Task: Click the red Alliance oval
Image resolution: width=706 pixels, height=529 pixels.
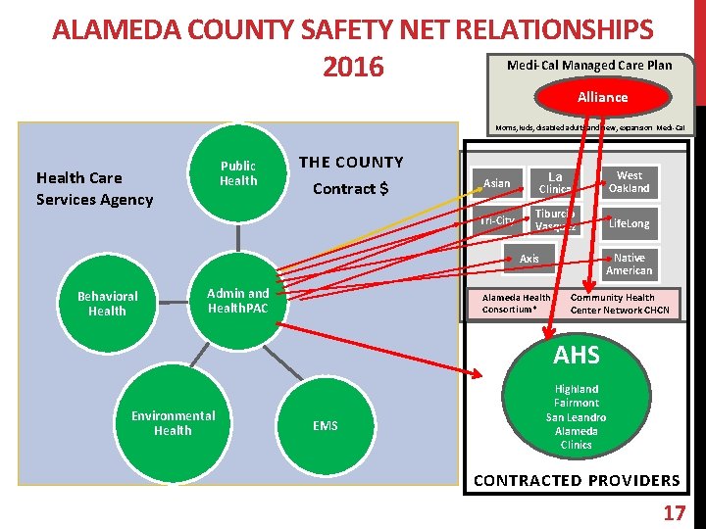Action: coord(602,97)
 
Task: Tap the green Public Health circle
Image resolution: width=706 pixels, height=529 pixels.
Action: coord(237,173)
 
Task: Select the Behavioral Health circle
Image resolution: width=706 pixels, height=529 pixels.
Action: coord(107,304)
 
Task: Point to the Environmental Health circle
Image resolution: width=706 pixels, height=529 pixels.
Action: coord(173,423)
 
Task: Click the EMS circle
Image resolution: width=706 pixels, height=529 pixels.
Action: coord(326,425)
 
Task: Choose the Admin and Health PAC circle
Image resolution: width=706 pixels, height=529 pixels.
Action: coord(238,301)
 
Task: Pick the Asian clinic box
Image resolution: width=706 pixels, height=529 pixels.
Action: coord(497,183)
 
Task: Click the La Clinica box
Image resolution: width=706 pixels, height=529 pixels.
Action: coord(555,183)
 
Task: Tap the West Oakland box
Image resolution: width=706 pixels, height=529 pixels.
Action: coord(629,182)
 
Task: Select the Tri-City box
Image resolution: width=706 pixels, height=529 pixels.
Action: coord(497,220)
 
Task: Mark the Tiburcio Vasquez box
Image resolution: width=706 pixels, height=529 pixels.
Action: coord(555,220)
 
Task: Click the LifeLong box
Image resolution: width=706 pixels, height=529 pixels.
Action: coord(629,223)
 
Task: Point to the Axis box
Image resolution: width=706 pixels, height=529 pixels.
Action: coord(529,259)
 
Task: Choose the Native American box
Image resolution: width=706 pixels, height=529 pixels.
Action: coord(629,264)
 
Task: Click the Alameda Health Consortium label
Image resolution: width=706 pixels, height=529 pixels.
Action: coord(517,304)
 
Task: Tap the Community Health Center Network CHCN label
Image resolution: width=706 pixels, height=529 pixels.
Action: coord(620,304)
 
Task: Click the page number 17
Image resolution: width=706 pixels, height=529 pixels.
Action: coord(674,512)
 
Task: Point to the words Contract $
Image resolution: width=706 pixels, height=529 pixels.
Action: coord(351,188)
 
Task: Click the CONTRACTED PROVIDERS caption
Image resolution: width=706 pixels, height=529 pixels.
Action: coord(577,480)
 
